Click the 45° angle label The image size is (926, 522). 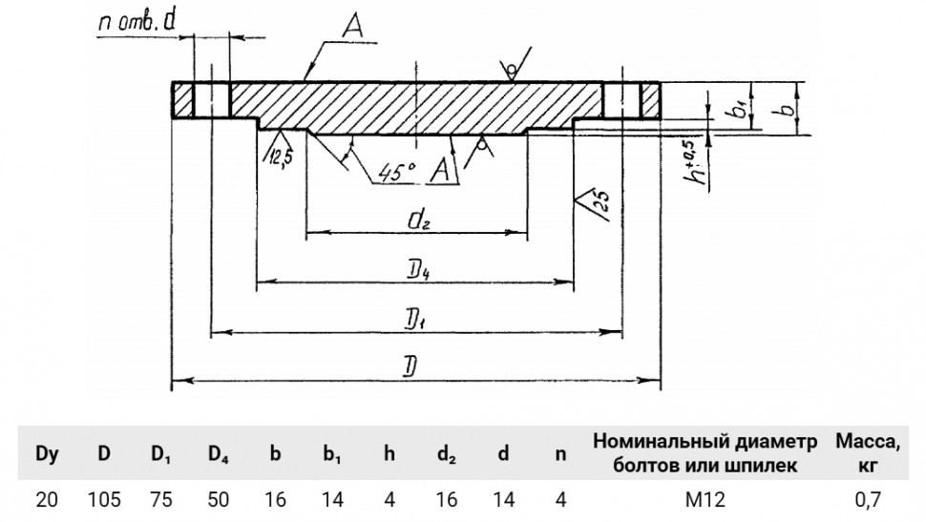point(396,171)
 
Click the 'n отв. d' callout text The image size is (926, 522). point(137,22)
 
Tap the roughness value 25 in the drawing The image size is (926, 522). point(600,203)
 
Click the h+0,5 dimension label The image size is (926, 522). point(699,159)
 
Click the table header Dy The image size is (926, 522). point(47,453)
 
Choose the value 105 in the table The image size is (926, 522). point(104,499)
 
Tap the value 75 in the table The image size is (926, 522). point(161,499)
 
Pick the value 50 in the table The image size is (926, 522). point(218,499)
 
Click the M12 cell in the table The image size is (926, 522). point(705,499)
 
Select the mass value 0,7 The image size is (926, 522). point(868,499)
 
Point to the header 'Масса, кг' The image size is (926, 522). point(868,452)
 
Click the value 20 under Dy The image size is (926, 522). point(47,499)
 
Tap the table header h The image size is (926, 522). point(389,453)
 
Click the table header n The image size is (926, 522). point(560,453)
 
